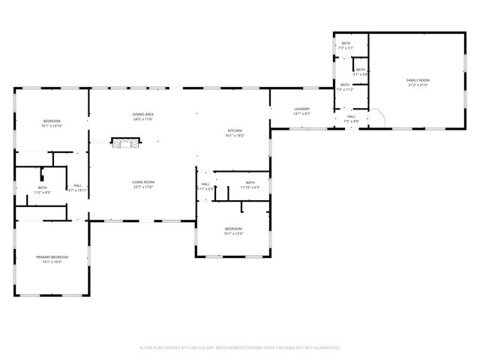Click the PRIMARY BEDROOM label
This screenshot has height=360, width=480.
[x=52, y=257]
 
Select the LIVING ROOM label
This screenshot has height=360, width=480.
[x=142, y=181]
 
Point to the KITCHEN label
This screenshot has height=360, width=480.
[x=235, y=130]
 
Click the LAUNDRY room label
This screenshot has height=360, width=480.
[x=301, y=109]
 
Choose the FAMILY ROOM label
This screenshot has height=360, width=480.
[x=418, y=79]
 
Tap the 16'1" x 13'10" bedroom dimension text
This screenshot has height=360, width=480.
[x=52, y=126]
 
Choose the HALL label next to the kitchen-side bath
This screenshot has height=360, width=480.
[x=205, y=184]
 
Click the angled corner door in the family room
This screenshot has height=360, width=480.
[x=381, y=118]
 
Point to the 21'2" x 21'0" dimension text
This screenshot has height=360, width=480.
[x=418, y=85]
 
